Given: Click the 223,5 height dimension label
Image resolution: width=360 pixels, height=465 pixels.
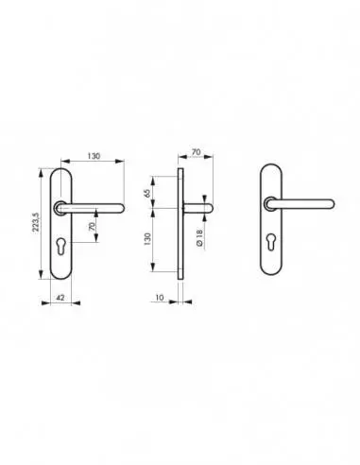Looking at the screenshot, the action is coord(36,222).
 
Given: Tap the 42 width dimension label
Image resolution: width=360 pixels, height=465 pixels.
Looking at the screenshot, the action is coord(60,297).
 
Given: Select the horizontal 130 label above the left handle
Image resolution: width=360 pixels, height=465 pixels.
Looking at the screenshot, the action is coord(94,156).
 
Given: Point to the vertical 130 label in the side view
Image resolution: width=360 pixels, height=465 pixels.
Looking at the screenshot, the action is coord(147,239).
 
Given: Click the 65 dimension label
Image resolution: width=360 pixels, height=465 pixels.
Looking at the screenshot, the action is coord(147,193).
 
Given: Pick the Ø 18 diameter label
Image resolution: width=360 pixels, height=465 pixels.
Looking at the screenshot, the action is coord(199,238).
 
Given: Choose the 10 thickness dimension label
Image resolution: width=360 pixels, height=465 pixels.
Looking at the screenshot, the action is coord(160,297).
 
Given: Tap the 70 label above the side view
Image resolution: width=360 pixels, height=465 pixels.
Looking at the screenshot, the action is coord(196,152).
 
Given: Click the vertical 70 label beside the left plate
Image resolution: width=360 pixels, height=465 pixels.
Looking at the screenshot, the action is coord(92,226).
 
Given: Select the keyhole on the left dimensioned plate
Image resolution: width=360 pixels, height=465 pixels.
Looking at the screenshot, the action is coord(60,245).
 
